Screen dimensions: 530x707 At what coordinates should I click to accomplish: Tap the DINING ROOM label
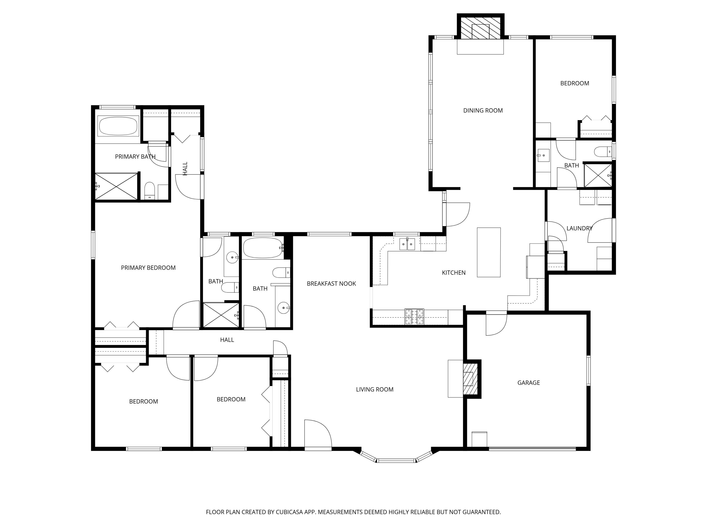483,110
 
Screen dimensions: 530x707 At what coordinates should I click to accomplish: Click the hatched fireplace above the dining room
480,31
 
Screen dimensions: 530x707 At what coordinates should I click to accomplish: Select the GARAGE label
528,383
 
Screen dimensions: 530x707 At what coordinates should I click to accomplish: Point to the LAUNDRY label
579,228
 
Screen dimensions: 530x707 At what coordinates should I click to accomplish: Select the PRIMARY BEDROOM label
148,268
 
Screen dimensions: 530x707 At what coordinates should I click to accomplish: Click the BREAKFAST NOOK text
331,284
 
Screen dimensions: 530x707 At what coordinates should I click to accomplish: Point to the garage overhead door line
532,448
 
